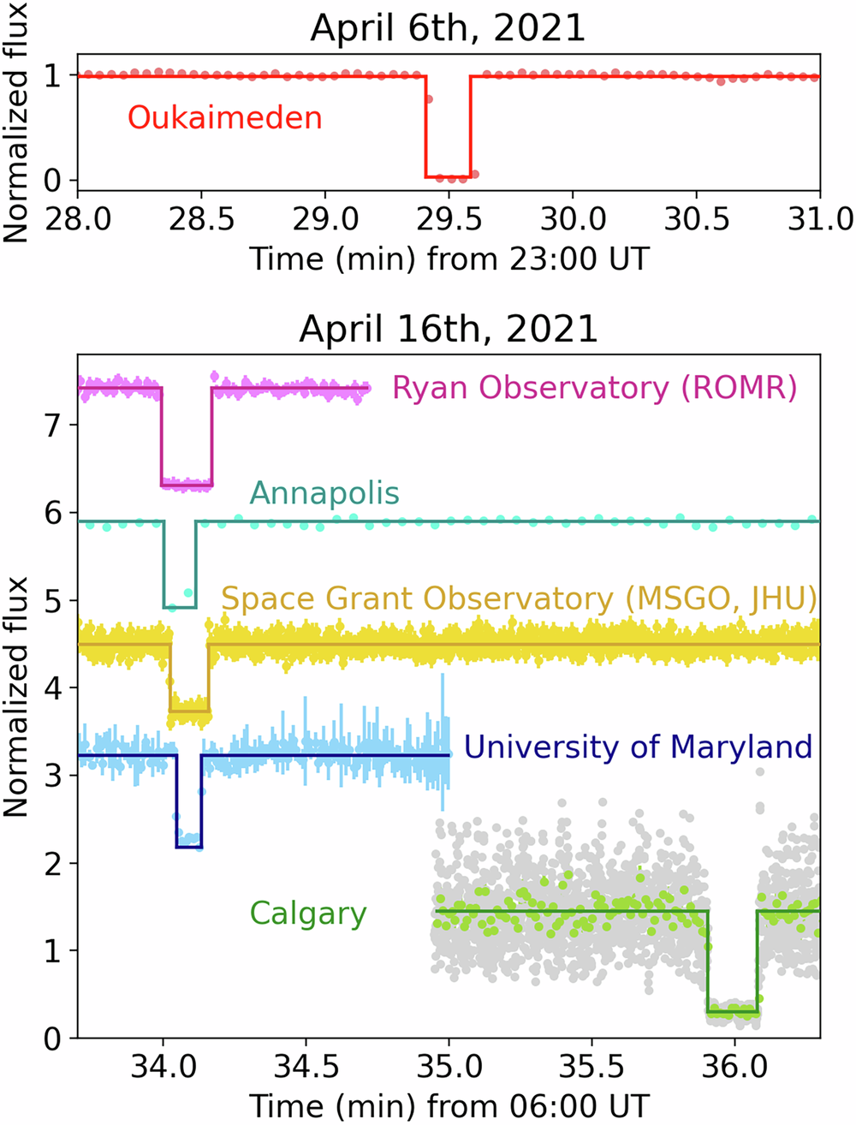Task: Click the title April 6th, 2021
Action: pos(448,27)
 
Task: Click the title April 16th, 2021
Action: pos(448,329)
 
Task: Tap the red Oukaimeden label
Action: pos(225,116)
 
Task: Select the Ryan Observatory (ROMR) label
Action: pos(594,388)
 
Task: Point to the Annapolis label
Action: pos(324,493)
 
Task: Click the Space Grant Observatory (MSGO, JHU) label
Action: pos(519,598)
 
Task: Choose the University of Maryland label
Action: pos(638,747)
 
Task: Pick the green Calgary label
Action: pos(308,914)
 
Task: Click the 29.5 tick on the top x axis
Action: pos(449,219)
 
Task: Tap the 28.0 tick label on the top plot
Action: pos(77,219)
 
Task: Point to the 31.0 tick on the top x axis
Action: pos(820,219)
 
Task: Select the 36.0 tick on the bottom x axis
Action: pos(734,1067)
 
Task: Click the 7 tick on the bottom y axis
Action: pos(53,425)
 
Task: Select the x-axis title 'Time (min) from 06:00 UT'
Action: pos(449,1104)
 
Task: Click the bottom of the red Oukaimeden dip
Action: pos(449,176)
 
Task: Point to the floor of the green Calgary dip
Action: pos(733,1012)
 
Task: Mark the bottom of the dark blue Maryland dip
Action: pos(188,847)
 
